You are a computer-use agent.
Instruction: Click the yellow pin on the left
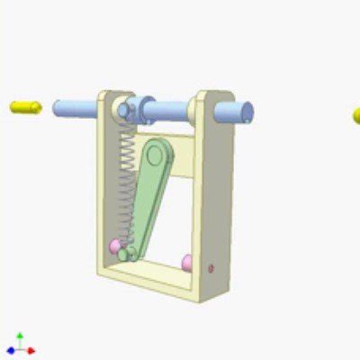coord(26,107)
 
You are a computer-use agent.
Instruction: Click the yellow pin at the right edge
coord(355,116)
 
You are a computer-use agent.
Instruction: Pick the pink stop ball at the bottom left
coord(115,245)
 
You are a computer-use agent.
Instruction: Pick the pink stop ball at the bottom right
coord(187,262)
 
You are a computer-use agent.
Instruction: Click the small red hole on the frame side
coord(211,267)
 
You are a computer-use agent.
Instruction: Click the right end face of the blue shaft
coord(246,112)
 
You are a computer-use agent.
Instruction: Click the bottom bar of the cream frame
coord(153,274)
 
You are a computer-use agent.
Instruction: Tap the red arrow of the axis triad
coord(31,350)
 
